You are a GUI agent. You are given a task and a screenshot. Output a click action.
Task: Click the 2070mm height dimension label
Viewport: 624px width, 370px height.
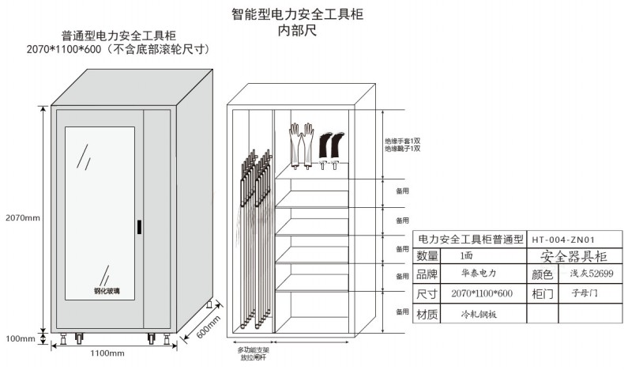pyautogui.click(x=22, y=217)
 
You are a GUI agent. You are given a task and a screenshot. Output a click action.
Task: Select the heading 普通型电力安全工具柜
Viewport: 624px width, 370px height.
pyautogui.click(x=118, y=36)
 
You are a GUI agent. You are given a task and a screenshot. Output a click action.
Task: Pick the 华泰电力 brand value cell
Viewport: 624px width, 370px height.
pyautogui.click(x=478, y=274)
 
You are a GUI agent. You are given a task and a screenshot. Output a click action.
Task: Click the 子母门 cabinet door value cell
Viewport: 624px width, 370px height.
pyautogui.click(x=585, y=293)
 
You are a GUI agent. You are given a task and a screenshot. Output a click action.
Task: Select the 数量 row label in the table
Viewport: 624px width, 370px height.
pyautogui.click(x=427, y=256)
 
